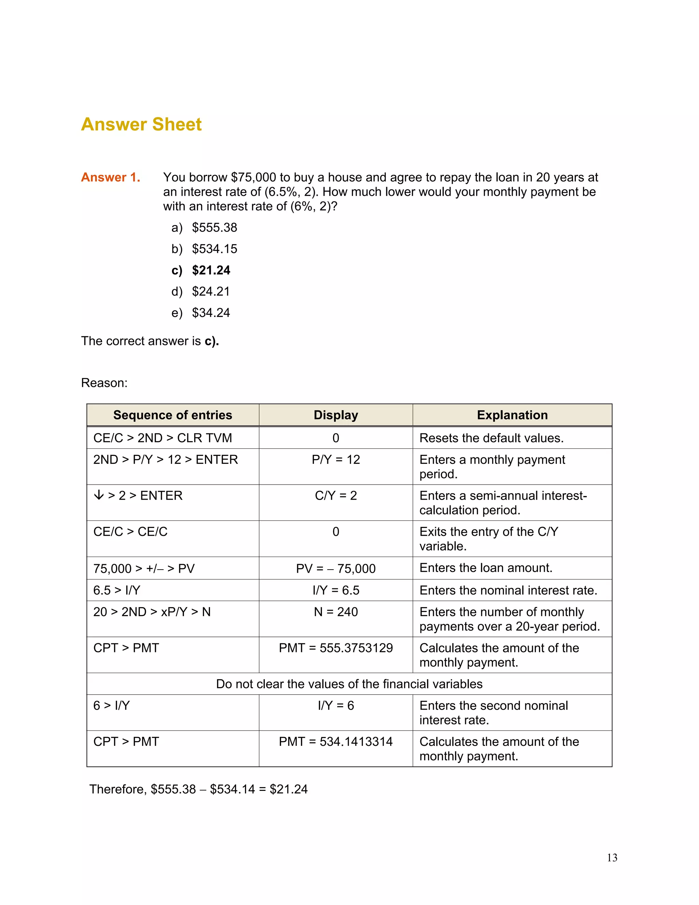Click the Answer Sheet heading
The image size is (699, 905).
point(141,124)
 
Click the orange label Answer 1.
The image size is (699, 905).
point(111,177)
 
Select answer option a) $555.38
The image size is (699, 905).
point(204,227)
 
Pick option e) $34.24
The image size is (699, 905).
point(201,313)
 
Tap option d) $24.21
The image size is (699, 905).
point(201,292)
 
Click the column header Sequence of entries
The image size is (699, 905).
point(173,415)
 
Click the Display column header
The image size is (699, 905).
point(336,415)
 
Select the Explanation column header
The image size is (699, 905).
point(512,415)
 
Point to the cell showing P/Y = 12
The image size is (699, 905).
point(336,460)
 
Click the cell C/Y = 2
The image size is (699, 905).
point(336,496)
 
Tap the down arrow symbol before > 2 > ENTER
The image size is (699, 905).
point(99,495)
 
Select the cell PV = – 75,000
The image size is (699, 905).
point(336,569)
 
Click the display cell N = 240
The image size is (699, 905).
point(336,612)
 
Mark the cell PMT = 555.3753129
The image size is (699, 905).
point(336,648)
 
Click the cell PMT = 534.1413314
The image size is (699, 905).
point(336,742)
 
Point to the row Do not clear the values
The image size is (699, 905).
point(349,684)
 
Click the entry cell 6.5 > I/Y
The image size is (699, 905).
point(117,590)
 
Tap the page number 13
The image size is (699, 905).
point(612,858)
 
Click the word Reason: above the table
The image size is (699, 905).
point(104,383)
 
